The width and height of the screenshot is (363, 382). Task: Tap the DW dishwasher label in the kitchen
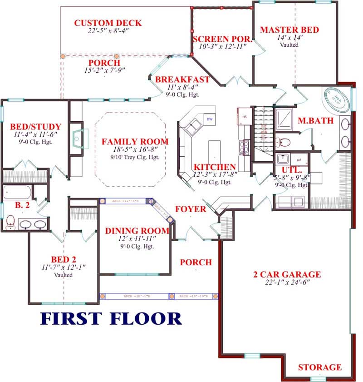point(210,119)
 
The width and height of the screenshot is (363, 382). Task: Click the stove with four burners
point(244,146)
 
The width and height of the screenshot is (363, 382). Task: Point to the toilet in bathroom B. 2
point(10,222)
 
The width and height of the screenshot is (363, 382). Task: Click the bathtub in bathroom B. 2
point(19,192)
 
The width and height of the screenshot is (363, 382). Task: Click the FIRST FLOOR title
point(111,318)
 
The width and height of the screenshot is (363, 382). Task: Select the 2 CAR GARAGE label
point(287,274)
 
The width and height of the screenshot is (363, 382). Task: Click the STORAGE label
point(319,367)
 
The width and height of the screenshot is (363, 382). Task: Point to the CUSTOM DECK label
point(108,23)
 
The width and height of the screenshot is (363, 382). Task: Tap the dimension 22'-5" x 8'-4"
point(108,31)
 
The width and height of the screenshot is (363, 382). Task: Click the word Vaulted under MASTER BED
point(289,45)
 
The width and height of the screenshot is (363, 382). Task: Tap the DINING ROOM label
point(137,231)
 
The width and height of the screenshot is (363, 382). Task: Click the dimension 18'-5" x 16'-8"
point(135,149)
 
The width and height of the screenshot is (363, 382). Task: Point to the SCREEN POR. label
point(220,38)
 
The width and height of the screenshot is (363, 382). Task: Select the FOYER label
point(191,209)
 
